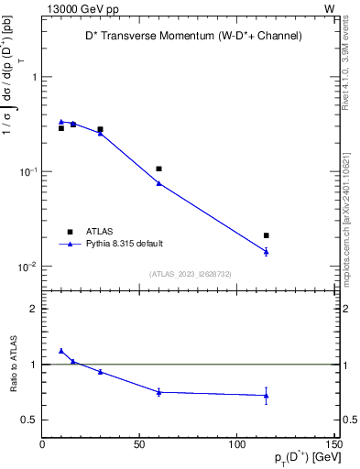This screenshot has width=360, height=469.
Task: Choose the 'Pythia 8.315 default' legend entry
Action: [124, 244]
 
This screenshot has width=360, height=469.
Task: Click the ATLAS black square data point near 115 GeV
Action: [266, 235]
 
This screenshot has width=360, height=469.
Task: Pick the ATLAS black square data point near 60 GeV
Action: [158, 169]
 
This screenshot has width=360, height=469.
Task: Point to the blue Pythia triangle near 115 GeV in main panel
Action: [266, 251]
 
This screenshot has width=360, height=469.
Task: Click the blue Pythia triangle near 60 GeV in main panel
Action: [158, 183]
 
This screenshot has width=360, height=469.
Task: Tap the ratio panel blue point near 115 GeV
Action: [266, 396]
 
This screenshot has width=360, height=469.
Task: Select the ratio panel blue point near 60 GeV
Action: [158, 392]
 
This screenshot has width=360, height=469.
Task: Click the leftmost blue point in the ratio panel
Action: [61, 351]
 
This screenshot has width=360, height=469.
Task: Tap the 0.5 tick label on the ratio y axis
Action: [30, 420]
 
